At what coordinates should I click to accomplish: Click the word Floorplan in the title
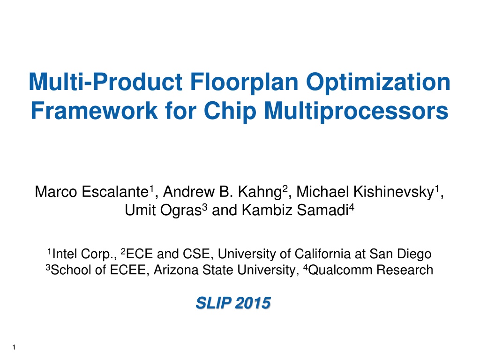[244, 82]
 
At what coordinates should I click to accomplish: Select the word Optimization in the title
[378, 82]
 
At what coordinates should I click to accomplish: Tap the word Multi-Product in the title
[106, 82]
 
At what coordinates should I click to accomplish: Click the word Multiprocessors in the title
[356, 112]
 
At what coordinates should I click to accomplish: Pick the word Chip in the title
[230, 112]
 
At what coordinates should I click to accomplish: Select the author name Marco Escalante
[92, 192]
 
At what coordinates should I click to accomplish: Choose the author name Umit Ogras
[163, 210]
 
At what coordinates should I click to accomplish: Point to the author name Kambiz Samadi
[295, 210]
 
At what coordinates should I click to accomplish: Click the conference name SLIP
[213, 303]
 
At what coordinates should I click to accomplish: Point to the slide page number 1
[14, 347]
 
